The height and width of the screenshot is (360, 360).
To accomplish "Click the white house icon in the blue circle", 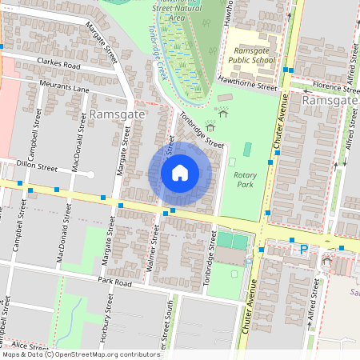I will tap(180, 172).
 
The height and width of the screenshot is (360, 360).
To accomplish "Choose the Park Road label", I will tap(114, 282).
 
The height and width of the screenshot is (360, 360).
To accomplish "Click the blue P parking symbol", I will tap(304, 250).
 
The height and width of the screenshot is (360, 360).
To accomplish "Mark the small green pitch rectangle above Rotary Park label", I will tap(247, 150).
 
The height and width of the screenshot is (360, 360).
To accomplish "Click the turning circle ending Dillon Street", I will tap(91, 174).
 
